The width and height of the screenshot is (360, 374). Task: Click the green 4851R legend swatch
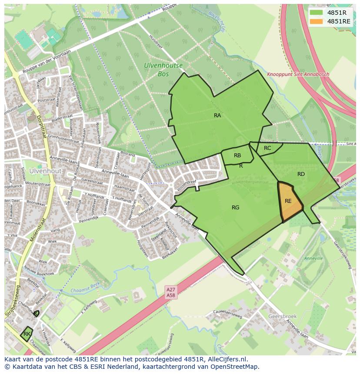click(316, 13)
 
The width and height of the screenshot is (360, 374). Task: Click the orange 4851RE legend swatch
click(316, 21)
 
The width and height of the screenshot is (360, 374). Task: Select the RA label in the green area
click(217, 116)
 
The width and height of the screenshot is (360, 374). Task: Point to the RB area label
click(237, 156)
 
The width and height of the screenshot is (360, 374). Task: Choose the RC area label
click(267, 148)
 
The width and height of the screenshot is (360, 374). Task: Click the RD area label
click(301, 174)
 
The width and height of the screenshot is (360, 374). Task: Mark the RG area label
click(235, 208)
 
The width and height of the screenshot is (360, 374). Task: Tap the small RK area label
click(27, 334)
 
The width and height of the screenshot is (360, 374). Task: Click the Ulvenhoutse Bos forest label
click(163, 70)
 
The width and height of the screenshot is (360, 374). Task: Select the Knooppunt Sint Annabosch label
click(298, 74)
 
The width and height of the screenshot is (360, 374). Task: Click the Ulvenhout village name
click(45, 171)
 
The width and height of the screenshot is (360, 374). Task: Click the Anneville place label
click(313, 258)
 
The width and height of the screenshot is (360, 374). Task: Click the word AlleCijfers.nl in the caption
click(228, 359)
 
